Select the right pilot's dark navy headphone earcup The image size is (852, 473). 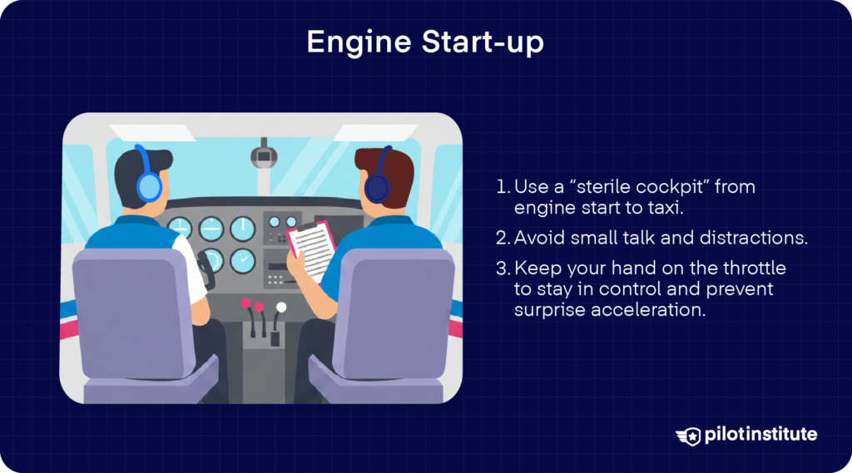[377, 187]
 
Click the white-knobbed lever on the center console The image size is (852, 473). [281, 308]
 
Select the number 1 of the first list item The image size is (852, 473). [500, 187]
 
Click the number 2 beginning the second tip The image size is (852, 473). [501, 239]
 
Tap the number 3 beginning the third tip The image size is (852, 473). [501, 269]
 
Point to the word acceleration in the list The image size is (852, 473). [640, 310]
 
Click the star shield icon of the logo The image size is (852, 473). [688, 435]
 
